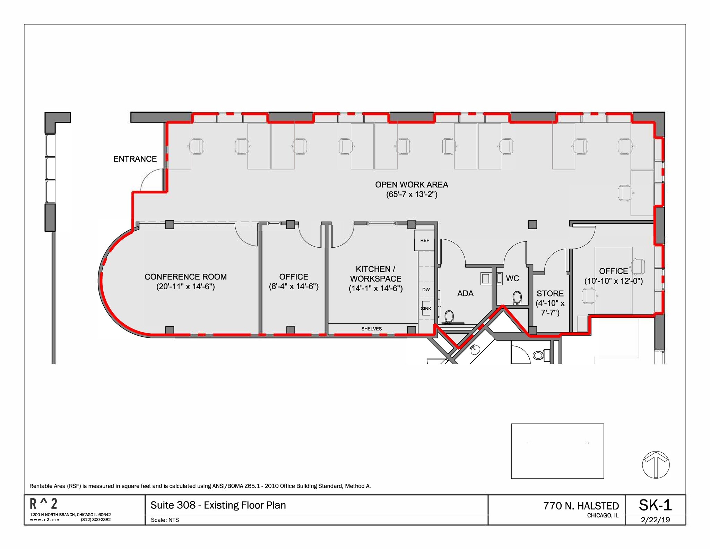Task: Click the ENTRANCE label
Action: pos(135,159)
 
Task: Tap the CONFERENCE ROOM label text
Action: pos(185,277)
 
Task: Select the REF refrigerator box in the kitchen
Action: pos(424,240)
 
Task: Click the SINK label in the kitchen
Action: pos(426,309)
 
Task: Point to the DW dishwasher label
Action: pos(426,290)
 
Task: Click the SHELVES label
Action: pos(371,329)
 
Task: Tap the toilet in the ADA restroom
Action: pos(449,317)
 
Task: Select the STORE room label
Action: pos(550,293)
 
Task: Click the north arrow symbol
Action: pos(656,465)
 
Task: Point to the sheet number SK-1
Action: pos(655,505)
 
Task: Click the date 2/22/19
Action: pos(655,520)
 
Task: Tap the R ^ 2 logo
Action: pos(44,504)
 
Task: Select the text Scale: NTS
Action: pos(165,520)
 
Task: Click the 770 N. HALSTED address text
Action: pos(581,506)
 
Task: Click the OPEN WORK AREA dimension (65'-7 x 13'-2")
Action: pos(412,195)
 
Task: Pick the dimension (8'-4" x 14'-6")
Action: pos(294,286)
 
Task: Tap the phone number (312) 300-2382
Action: pos(96,520)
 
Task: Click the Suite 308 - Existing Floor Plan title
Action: pos(218,505)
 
